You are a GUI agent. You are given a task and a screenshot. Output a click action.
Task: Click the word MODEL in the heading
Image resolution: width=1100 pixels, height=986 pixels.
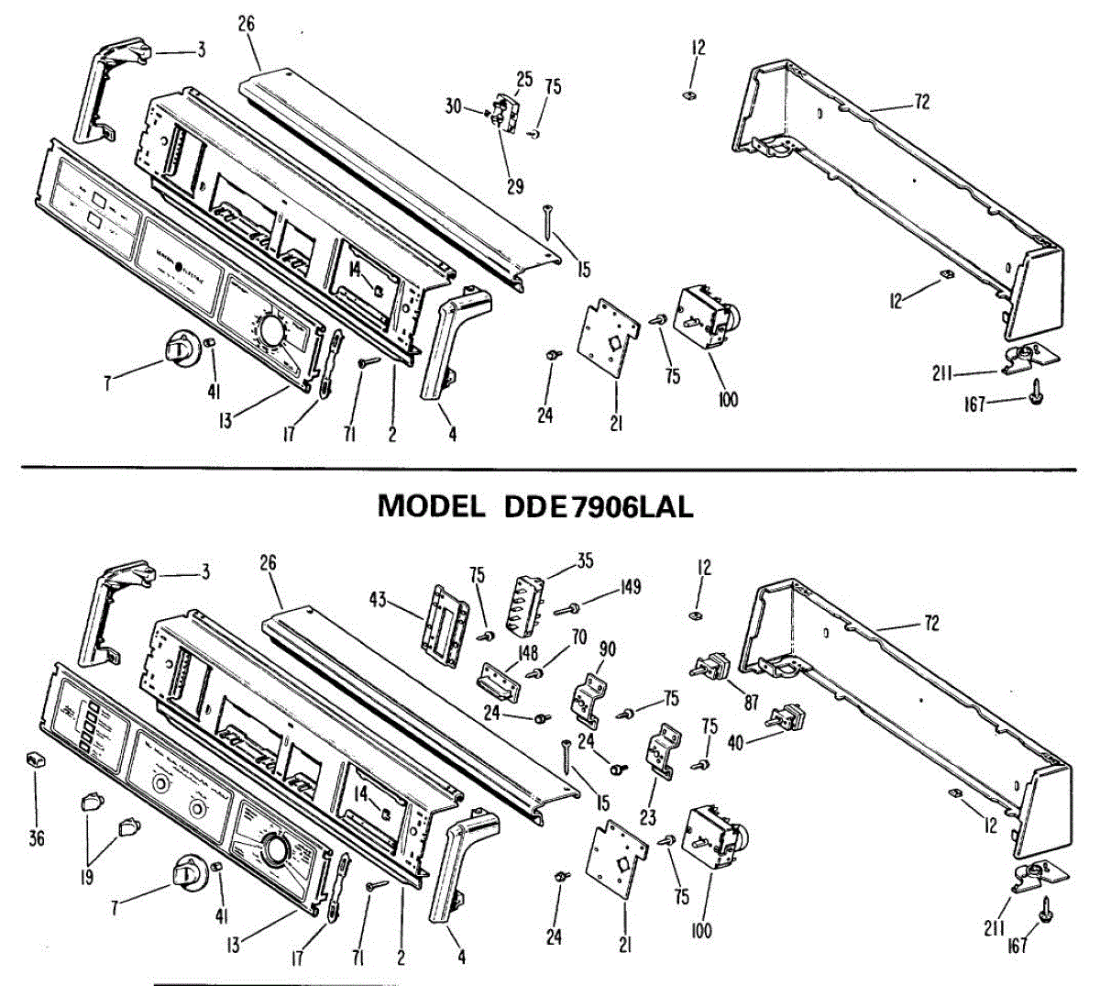tap(431, 506)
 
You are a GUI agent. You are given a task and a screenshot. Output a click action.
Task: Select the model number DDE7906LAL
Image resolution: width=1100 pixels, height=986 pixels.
tap(599, 506)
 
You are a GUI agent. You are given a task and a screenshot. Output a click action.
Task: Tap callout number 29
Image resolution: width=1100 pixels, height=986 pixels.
tap(515, 186)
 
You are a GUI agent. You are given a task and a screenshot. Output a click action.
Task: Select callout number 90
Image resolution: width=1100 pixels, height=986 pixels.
tap(607, 650)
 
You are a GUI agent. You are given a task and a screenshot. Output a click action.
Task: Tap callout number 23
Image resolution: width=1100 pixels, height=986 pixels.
tap(648, 816)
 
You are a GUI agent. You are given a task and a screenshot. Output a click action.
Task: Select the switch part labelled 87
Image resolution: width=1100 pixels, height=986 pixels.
tap(714, 664)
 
